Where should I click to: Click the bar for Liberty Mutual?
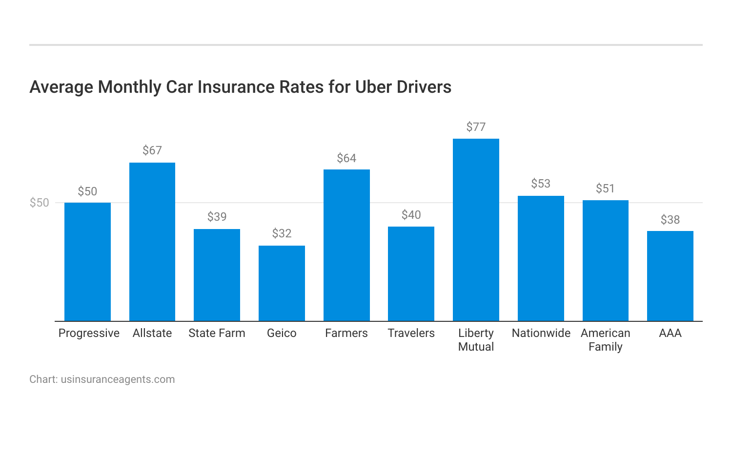[x=476, y=230]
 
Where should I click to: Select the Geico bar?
[x=282, y=283]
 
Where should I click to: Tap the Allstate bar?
[x=152, y=242]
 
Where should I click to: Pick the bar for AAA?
[x=670, y=276]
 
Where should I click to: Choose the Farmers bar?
[x=346, y=245]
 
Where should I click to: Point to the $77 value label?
[x=476, y=127]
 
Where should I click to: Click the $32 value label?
[x=282, y=233]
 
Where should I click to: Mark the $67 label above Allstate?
[x=152, y=150]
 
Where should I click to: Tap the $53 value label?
[x=541, y=184]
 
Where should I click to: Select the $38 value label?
[x=670, y=220]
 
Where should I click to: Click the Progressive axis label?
[x=89, y=333]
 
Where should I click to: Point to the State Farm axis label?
[x=217, y=333]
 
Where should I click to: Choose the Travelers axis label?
[x=411, y=333]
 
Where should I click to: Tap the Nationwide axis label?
[x=541, y=333]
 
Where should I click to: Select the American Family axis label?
[x=605, y=340]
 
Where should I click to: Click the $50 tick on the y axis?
[x=40, y=203]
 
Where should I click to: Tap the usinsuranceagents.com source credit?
[x=118, y=379]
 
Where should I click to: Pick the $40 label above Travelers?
[x=411, y=215]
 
